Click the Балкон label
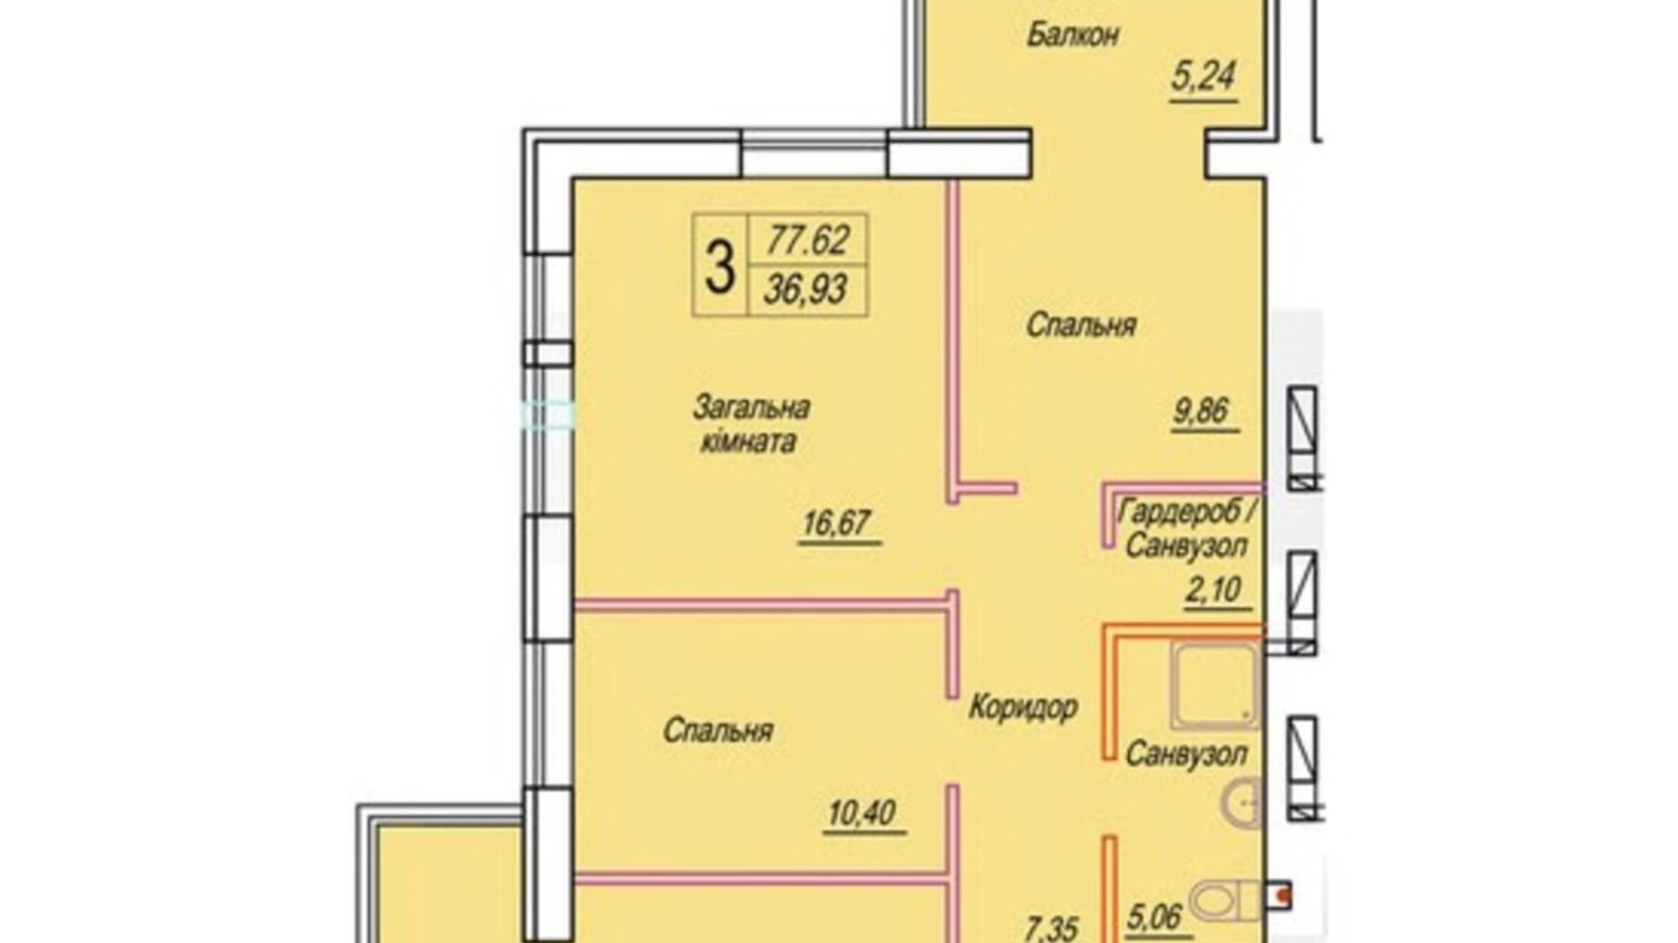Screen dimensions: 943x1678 [1072, 35]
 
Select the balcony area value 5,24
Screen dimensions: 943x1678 [1203, 77]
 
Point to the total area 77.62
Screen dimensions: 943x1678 [807, 240]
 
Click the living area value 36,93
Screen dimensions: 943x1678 [805, 290]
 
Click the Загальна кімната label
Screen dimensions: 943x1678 [750, 424]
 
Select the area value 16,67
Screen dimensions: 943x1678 [836, 523]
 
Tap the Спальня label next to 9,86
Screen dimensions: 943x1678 [1080, 326]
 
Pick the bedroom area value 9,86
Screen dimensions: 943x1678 [1201, 411]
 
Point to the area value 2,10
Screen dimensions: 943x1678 [1213, 590]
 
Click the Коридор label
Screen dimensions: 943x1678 [1022, 706]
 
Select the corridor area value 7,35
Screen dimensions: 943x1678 [1051, 928]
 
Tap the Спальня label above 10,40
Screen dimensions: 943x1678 [717, 730]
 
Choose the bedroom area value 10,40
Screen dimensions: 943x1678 [862, 812]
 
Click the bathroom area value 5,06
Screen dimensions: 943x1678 [1156, 918]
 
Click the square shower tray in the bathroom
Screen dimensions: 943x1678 [1214, 685]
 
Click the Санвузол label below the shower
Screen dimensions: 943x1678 [1185, 753]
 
